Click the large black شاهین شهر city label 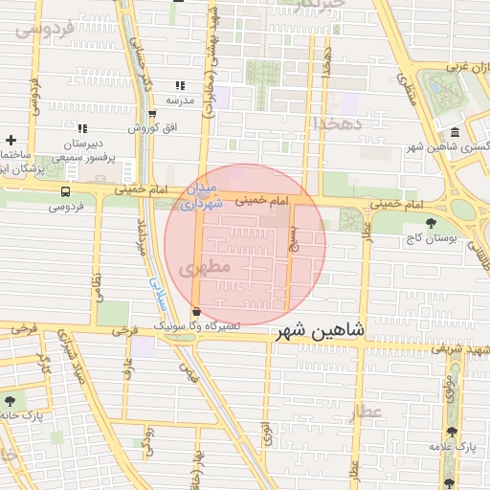pos(320,332)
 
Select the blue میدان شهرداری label pos(203,195)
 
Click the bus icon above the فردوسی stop pos(65,191)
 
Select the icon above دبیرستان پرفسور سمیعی pos(82,128)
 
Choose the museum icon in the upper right pos(453,131)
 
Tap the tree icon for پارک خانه pos(11,399)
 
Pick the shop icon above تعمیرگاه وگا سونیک pos(196,312)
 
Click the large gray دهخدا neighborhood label pos(336,123)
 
